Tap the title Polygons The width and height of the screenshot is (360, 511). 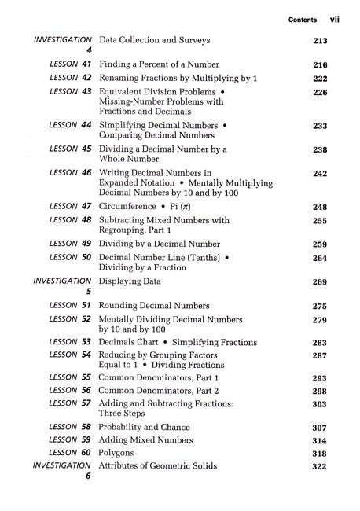click(x=117, y=453)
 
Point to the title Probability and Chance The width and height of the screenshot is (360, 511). click(x=147, y=427)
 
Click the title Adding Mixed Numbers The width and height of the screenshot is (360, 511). click(x=145, y=440)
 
